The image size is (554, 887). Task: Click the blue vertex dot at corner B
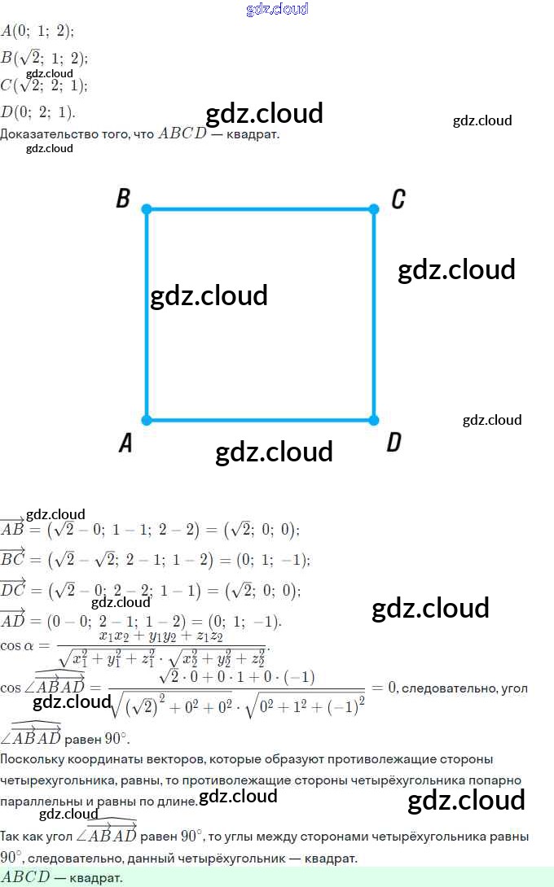click(147, 209)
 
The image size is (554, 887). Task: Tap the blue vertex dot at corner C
click(374, 209)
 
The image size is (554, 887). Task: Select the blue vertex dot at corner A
click(147, 421)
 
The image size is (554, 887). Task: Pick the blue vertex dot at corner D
click(374, 421)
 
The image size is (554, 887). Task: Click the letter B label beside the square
click(123, 199)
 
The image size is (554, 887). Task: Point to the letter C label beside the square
click(398, 199)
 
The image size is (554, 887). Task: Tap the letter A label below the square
click(125, 443)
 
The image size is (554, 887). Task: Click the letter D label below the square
click(394, 443)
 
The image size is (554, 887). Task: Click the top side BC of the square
click(261, 209)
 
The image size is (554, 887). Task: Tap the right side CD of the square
click(374, 342)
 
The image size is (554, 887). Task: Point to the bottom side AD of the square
click(261, 421)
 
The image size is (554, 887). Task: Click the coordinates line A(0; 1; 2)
click(37, 31)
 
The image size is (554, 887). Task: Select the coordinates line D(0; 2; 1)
click(38, 111)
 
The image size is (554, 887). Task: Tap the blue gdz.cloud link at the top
click(277, 9)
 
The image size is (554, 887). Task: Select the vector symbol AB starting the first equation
click(12, 529)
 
